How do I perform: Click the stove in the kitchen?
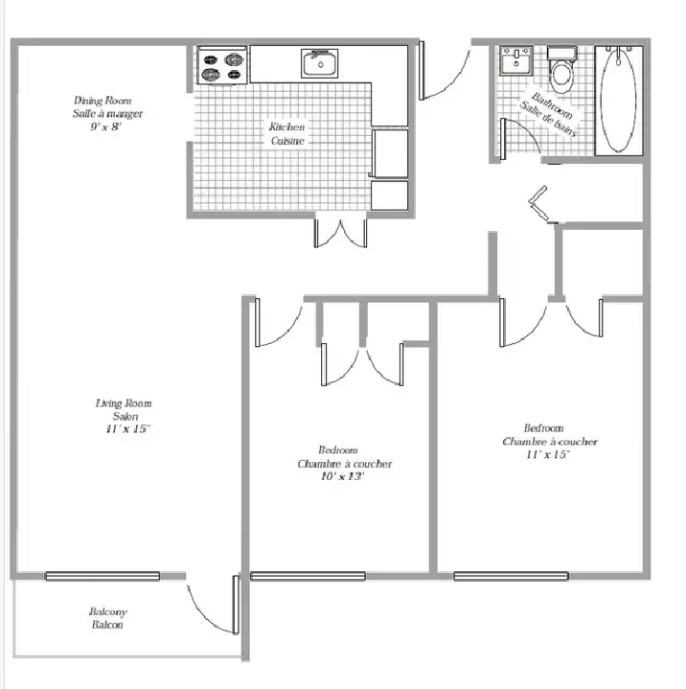[222, 65]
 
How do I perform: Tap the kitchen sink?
[319, 63]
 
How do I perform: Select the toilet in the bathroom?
[561, 69]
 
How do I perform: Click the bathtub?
[619, 101]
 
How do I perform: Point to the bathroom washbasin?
[515, 60]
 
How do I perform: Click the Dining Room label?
[103, 101]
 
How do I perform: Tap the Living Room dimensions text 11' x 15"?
[127, 429]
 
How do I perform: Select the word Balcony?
[108, 611]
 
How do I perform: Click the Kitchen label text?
[287, 127]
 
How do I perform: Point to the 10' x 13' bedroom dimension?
[342, 476]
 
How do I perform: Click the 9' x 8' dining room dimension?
[106, 127]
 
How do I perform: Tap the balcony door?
[213, 605]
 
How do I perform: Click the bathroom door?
[520, 138]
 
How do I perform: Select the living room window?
[103, 576]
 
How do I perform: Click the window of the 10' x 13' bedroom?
[308, 576]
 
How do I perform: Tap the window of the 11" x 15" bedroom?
[511, 576]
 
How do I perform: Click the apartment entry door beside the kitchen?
[445, 70]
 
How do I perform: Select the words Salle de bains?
[548, 120]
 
